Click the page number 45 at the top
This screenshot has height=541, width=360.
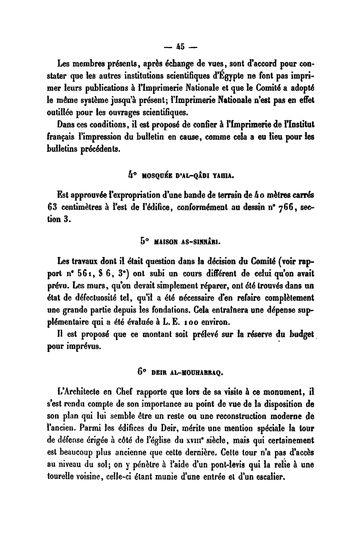click(179, 48)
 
